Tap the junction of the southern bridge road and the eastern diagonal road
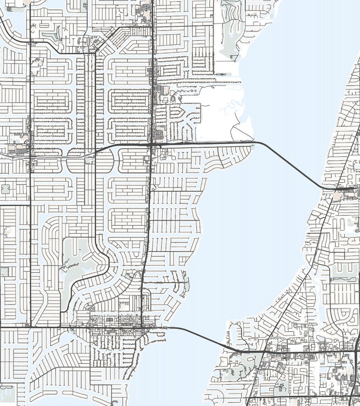[x=264, y=351]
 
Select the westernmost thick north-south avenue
[x=29, y=181]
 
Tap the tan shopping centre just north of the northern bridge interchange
[x=159, y=134]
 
